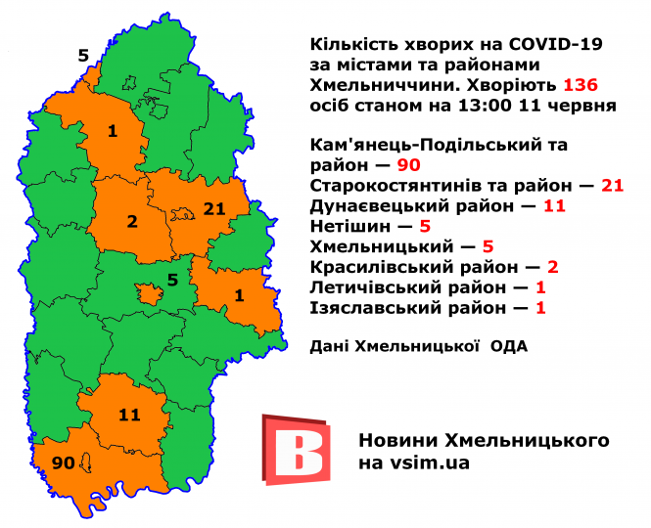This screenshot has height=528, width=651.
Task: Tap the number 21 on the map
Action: [213, 206]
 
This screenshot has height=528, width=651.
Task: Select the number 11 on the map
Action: [129, 415]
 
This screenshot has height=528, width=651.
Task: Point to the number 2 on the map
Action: [132, 222]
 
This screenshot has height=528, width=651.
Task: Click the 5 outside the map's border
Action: [83, 55]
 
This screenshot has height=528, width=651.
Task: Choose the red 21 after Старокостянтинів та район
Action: [613, 186]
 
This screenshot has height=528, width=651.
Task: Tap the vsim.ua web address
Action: [428, 462]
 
